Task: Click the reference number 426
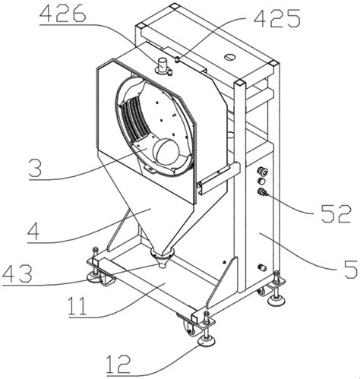[63, 13]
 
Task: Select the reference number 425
[277, 17]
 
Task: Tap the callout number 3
[35, 168]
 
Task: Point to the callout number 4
[33, 231]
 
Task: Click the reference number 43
[17, 273]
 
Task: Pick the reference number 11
[77, 305]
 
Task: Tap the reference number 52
[336, 214]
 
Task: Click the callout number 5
[350, 269]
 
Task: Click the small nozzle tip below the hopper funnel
[161, 266]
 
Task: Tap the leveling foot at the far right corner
[276, 301]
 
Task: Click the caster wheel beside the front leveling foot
[190, 328]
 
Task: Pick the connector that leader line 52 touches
[261, 192]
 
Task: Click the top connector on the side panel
[262, 172]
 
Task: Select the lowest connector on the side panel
[261, 267]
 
